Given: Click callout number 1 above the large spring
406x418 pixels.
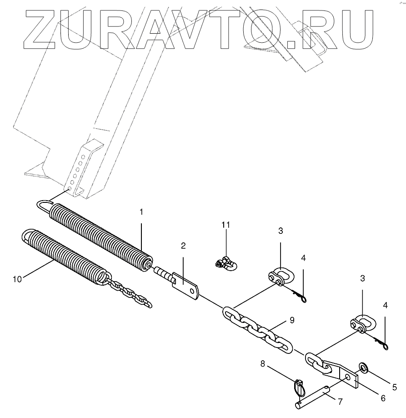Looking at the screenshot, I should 141,212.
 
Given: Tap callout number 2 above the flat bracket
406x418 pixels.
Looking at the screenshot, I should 183,246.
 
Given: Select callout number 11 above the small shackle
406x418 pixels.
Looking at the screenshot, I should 226,225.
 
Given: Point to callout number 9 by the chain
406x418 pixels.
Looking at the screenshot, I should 292,320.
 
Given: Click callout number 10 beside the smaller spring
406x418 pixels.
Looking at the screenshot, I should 17,279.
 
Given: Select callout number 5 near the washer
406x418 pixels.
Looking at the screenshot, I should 394,387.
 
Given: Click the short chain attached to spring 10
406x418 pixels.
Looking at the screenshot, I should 130,293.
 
